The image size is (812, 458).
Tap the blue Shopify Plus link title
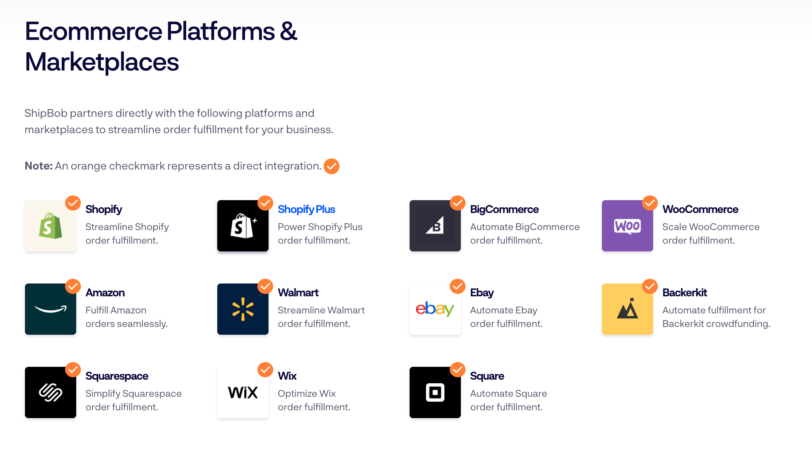pos(306,209)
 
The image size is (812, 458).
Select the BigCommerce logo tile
pos(435,226)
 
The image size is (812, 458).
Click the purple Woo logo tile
pos(627,226)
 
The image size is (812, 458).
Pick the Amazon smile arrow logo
pos(51,309)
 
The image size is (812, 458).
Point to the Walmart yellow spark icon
pos(243,309)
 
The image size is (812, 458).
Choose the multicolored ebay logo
pos(435,309)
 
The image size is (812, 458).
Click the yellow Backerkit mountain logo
pos(627,309)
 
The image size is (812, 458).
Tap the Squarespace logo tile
pos(51,392)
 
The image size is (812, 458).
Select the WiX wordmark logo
pos(243,392)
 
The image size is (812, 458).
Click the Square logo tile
pos(435,392)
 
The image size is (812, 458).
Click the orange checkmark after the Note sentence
pos(332,166)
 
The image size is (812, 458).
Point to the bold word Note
pos(38,166)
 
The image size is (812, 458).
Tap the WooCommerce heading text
pos(700,209)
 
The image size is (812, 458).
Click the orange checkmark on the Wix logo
pos(265,370)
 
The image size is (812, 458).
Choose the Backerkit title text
pos(685,293)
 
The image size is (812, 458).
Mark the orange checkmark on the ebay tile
pos(458,286)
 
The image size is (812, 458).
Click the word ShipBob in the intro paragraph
pos(46,113)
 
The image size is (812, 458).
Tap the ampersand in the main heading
pos(288,31)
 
